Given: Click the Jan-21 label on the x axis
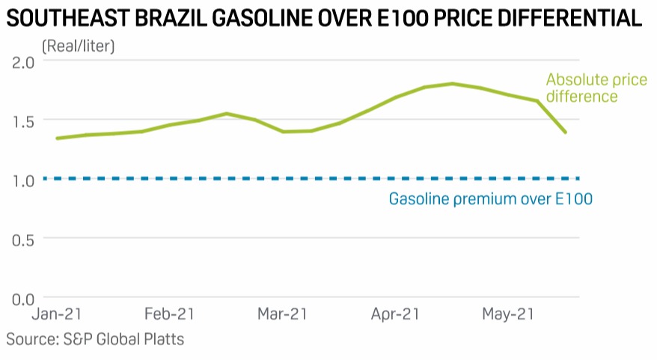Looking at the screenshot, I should pyautogui.click(x=58, y=315).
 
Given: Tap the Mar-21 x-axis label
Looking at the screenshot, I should pyautogui.click(x=282, y=315).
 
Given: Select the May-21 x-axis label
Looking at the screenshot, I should pyautogui.click(x=508, y=315).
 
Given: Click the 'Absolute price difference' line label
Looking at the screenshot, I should pyautogui.click(x=596, y=88).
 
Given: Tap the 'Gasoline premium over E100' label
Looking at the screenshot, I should pyautogui.click(x=490, y=199).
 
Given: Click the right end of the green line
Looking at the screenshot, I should pyautogui.click(x=565, y=132).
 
